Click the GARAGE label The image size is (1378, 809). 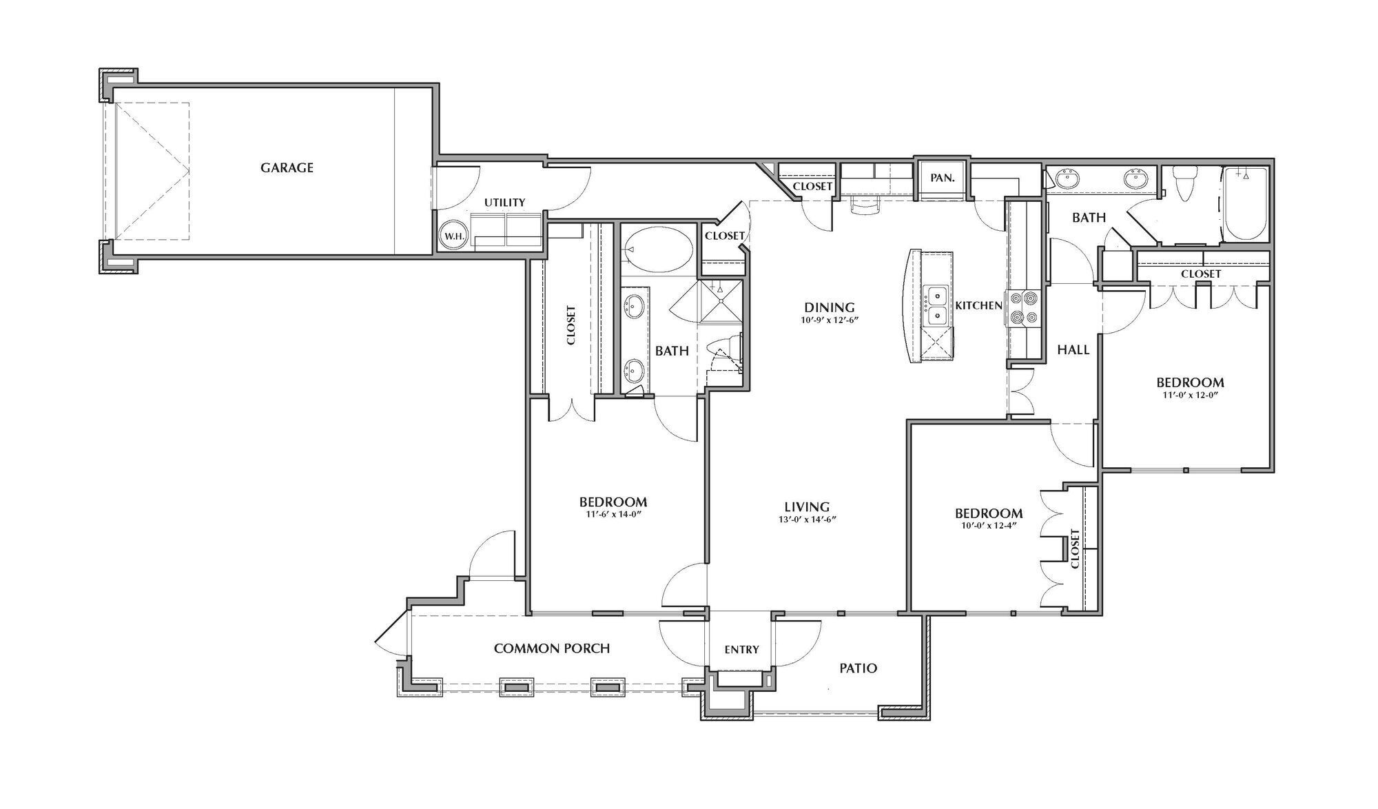click(287, 167)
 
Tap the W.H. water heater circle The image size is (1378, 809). click(454, 236)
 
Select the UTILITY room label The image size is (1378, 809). click(504, 203)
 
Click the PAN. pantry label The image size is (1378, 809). click(942, 178)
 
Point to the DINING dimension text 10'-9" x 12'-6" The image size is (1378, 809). click(830, 320)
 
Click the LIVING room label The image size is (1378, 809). click(806, 507)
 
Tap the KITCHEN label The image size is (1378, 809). click(978, 305)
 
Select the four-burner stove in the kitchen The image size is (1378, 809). click(1023, 308)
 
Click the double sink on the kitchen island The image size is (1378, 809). click(936, 307)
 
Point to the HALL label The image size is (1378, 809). click(1073, 350)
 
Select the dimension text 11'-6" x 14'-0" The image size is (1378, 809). click(613, 514)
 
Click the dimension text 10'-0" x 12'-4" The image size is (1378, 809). click(989, 525)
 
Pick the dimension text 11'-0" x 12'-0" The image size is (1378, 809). click(1190, 396)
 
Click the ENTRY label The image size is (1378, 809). click(741, 649)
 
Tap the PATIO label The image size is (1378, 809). click(858, 668)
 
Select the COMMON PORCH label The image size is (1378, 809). click(552, 648)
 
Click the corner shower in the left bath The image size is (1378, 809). click(720, 300)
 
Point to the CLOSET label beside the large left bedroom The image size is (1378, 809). click(571, 325)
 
